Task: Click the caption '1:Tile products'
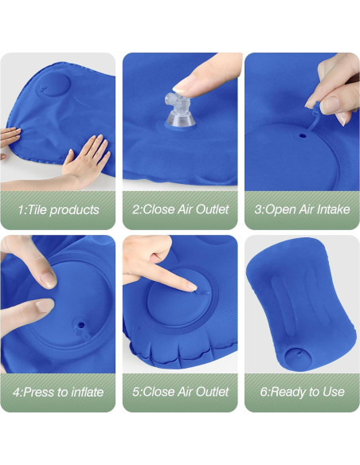[58, 210]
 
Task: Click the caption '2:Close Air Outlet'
[180, 210]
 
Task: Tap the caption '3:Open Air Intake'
[302, 210]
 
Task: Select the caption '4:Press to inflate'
[59, 392]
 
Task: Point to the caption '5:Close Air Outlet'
[180, 392]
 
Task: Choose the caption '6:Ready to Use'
[302, 392]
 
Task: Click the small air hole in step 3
[303, 135]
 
